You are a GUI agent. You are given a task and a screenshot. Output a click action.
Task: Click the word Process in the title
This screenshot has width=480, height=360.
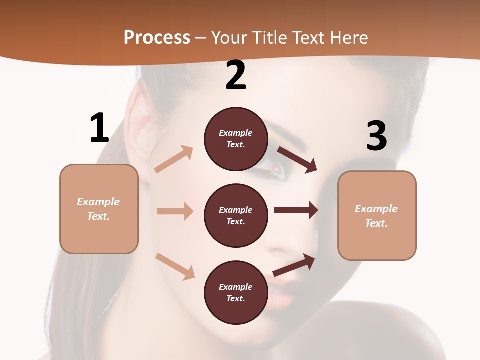(157, 38)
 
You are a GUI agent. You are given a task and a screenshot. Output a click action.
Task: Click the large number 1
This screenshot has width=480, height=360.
(99, 128)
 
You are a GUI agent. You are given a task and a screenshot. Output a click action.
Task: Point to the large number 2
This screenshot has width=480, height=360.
(236, 75)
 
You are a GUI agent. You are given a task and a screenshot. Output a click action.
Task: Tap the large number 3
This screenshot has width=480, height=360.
(376, 136)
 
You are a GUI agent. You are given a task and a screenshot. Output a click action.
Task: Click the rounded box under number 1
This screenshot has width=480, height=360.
(99, 209)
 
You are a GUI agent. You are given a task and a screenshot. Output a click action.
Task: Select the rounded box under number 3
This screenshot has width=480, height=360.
(377, 216)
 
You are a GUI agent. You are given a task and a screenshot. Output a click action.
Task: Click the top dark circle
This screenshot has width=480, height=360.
(236, 139)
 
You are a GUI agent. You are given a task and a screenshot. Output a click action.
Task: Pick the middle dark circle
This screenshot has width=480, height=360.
(236, 215)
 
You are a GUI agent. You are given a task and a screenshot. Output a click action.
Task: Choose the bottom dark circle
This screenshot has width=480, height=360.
(236, 292)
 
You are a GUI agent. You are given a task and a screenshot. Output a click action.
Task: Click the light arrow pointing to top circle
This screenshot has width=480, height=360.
(174, 159)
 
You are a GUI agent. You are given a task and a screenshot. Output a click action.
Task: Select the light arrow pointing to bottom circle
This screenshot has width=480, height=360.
(175, 266)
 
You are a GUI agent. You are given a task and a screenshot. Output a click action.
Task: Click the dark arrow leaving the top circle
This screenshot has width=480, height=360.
(297, 159)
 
